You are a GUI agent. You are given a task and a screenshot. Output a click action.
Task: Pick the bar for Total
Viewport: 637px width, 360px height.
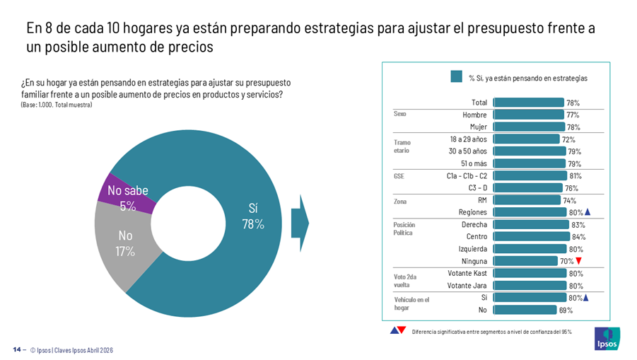(x=528, y=103)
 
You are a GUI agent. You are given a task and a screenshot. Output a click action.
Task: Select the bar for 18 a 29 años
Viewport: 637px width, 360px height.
(x=526, y=139)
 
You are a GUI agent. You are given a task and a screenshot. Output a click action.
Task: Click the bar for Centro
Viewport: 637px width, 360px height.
(x=531, y=236)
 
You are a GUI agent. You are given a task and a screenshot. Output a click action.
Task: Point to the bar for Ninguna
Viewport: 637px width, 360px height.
(x=525, y=261)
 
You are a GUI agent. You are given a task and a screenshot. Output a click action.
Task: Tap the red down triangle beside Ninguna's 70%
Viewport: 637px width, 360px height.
(x=578, y=261)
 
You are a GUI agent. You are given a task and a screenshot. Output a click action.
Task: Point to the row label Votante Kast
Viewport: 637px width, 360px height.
(x=467, y=273)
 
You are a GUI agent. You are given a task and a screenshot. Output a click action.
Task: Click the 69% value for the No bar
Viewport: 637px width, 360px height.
(x=565, y=310)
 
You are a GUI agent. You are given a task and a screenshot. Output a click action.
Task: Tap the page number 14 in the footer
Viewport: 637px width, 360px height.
(x=16, y=350)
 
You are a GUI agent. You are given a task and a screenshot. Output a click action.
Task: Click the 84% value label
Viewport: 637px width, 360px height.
(x=578, y=236)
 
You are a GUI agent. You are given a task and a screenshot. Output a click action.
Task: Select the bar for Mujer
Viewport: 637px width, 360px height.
(x=528, y=127)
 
